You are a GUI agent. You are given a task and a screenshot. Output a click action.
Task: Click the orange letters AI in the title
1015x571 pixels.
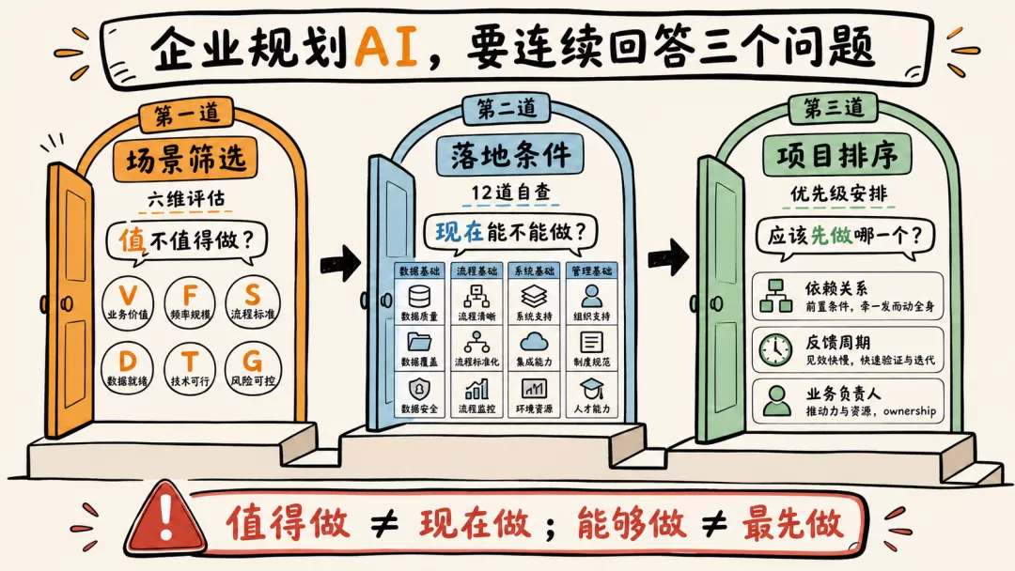click(387, 47)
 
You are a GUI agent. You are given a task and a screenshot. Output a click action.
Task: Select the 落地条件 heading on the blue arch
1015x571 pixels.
click(510, 155)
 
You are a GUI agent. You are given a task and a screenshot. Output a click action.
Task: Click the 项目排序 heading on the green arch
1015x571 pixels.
click(837, 156)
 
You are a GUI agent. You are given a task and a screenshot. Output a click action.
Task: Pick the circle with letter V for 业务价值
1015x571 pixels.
click(128, 302)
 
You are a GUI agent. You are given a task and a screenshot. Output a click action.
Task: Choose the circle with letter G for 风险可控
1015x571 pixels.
click(253, 367)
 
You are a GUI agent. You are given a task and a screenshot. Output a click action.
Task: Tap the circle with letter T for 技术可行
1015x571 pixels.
click(190, 367)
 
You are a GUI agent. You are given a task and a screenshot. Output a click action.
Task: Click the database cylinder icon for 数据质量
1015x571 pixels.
click(419, 297)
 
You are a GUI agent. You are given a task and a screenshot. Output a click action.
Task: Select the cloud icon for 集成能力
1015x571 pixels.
click(534, 342)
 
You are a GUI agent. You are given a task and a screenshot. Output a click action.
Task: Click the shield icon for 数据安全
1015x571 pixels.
click(419, 390)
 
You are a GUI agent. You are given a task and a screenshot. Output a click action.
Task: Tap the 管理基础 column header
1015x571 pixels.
click(591, 271)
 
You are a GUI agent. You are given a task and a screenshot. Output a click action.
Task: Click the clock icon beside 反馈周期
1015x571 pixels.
click(775, 350)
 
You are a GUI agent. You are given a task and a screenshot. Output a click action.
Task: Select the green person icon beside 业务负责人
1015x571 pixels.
click(776, 400)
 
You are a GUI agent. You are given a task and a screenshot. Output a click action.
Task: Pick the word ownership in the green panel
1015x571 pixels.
click(910, 410)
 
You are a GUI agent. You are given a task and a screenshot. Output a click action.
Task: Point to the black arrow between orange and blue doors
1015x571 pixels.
click(340, 263)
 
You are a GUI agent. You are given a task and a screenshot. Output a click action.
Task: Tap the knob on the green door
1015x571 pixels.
click(716, 302)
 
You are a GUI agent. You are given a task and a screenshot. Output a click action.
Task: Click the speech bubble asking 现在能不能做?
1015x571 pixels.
click(510, 233)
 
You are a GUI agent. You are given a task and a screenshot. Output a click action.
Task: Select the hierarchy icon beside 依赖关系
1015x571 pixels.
click(776, 296)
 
